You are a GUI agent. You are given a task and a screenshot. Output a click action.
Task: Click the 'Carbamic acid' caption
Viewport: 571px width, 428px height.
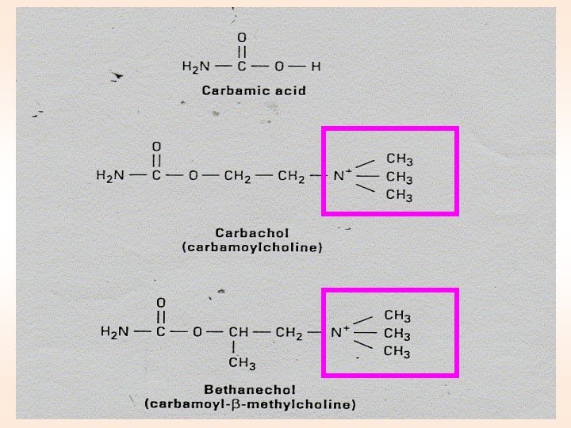[x=253, y=90]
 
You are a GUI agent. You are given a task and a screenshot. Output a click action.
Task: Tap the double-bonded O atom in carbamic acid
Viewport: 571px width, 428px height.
[x=242, y=37]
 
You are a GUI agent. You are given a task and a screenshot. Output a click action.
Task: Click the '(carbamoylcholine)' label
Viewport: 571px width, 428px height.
[x=252, y=247]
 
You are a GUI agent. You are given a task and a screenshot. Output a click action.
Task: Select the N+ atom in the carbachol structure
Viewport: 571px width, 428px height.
[x=339, y=175]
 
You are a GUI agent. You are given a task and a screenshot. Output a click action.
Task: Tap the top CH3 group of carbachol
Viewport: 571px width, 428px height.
[x=398, y=160]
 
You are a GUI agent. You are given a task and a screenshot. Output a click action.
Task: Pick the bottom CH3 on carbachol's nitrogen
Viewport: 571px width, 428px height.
[x=398, y=195]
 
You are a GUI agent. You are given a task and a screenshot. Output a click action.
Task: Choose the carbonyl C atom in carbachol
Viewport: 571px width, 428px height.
[x=156, y=175]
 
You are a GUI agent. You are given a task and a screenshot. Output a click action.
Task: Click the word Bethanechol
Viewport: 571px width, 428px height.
[x=249, y=390]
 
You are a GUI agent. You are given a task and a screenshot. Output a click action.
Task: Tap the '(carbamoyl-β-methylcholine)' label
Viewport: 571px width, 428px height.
[x=249, y=404]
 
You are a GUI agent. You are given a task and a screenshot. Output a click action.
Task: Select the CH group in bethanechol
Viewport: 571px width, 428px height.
[x=238, y=332]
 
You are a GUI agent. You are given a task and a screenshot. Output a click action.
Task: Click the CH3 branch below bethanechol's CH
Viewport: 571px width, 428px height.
[x=241, y=364]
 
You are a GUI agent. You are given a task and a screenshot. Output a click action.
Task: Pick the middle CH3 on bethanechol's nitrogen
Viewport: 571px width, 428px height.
[x=397, y=334]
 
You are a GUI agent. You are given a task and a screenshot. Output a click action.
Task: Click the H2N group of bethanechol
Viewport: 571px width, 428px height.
[x=114, y=332]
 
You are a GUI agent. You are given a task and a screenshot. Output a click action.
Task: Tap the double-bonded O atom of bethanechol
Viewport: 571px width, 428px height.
[x=161, y=303]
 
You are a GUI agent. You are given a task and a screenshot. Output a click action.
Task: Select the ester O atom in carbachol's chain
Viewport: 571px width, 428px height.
[x=193, y=175]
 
